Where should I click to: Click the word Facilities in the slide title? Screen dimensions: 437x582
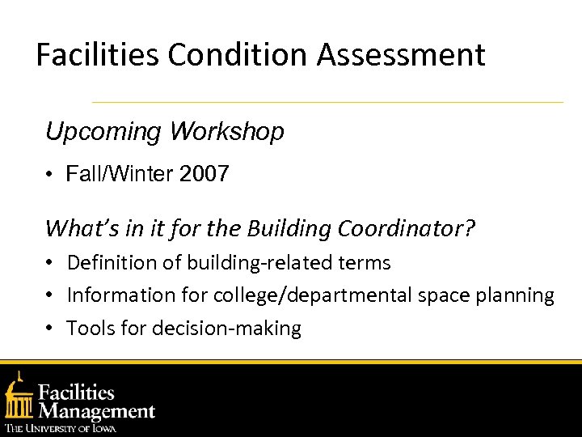tap(99, 55)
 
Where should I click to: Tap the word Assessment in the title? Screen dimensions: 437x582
tap(401, 55)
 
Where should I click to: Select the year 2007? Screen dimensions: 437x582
tap(202, 173)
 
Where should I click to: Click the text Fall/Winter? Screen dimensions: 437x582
tap(117, 173)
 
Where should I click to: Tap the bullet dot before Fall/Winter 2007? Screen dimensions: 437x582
tap(50, 174)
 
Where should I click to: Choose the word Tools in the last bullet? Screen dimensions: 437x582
tap(90, 328)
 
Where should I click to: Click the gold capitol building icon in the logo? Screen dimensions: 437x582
tap(19, 397)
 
